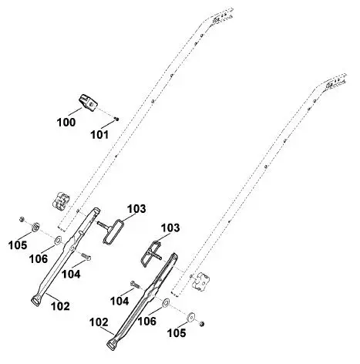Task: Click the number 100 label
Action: click(x=66, y=123)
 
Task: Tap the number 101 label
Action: click(x=99, y=135)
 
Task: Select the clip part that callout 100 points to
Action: click(x=88, y=103)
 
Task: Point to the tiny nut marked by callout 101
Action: click(x=116, y=119)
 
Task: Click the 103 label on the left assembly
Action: click(x=136, y=209)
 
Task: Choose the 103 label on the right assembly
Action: click(x=170, y=228)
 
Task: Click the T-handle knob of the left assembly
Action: click(x=111, y=230)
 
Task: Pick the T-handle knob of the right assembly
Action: click(x=151, y=253)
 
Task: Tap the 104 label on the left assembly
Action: click(x=71, y=275)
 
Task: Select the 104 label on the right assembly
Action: click(x=119, y=301)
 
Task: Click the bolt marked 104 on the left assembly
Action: click(x=86, y=257)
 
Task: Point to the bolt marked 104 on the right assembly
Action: click(x=136, y=285)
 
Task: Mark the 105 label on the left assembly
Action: click(x=18, y=245)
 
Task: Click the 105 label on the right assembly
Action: click(x=177, y=333)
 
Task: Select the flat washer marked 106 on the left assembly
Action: click(x=58, y=240)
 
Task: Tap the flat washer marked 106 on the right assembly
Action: click(x=166, y=302)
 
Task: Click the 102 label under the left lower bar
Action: click(x=60, y=306)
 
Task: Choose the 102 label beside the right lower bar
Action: click(x=99, y=322)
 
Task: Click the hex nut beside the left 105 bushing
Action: click(x=22, y=219)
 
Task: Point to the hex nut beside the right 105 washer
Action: click(x=202, y=324)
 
